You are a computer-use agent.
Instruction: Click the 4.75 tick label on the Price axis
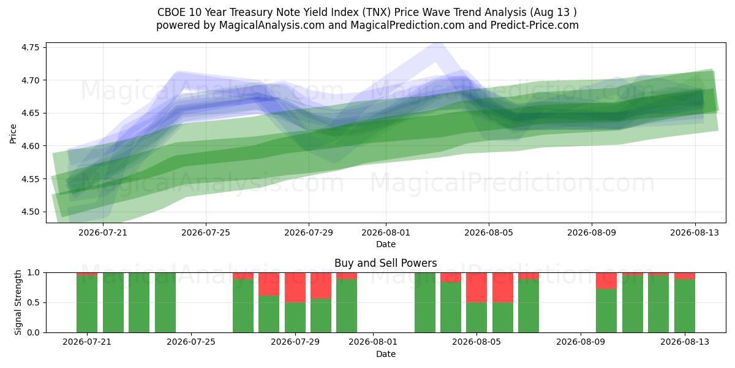click(30, 48)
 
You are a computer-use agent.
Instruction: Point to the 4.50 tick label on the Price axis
click(30, 212)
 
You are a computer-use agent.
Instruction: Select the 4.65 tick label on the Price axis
click(30, 113)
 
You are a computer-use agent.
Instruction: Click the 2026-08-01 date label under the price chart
click(386, 232)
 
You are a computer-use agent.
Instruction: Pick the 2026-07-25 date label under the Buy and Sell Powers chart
click(191, 342)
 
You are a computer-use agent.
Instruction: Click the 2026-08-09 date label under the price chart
click(592, 232)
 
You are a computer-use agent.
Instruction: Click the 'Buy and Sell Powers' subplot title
click(385, 263)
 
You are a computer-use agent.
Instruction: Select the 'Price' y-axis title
click(13, 134)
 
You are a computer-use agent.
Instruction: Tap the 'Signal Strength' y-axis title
click(18, 302)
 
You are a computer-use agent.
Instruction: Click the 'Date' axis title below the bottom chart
click(385, 354)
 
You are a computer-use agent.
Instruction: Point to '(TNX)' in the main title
click(377, 12)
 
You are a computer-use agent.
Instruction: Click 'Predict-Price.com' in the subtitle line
click(535, 25)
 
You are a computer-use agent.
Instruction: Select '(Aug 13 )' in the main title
click(553, 12)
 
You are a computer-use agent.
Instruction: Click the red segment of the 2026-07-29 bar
click(295, 288)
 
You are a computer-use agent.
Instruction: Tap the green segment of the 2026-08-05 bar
click(477, 318)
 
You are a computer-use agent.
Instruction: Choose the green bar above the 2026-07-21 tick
click(87, 304)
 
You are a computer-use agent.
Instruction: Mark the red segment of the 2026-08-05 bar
click(477, 288)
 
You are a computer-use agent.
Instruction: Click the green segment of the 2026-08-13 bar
click(685, 306)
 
